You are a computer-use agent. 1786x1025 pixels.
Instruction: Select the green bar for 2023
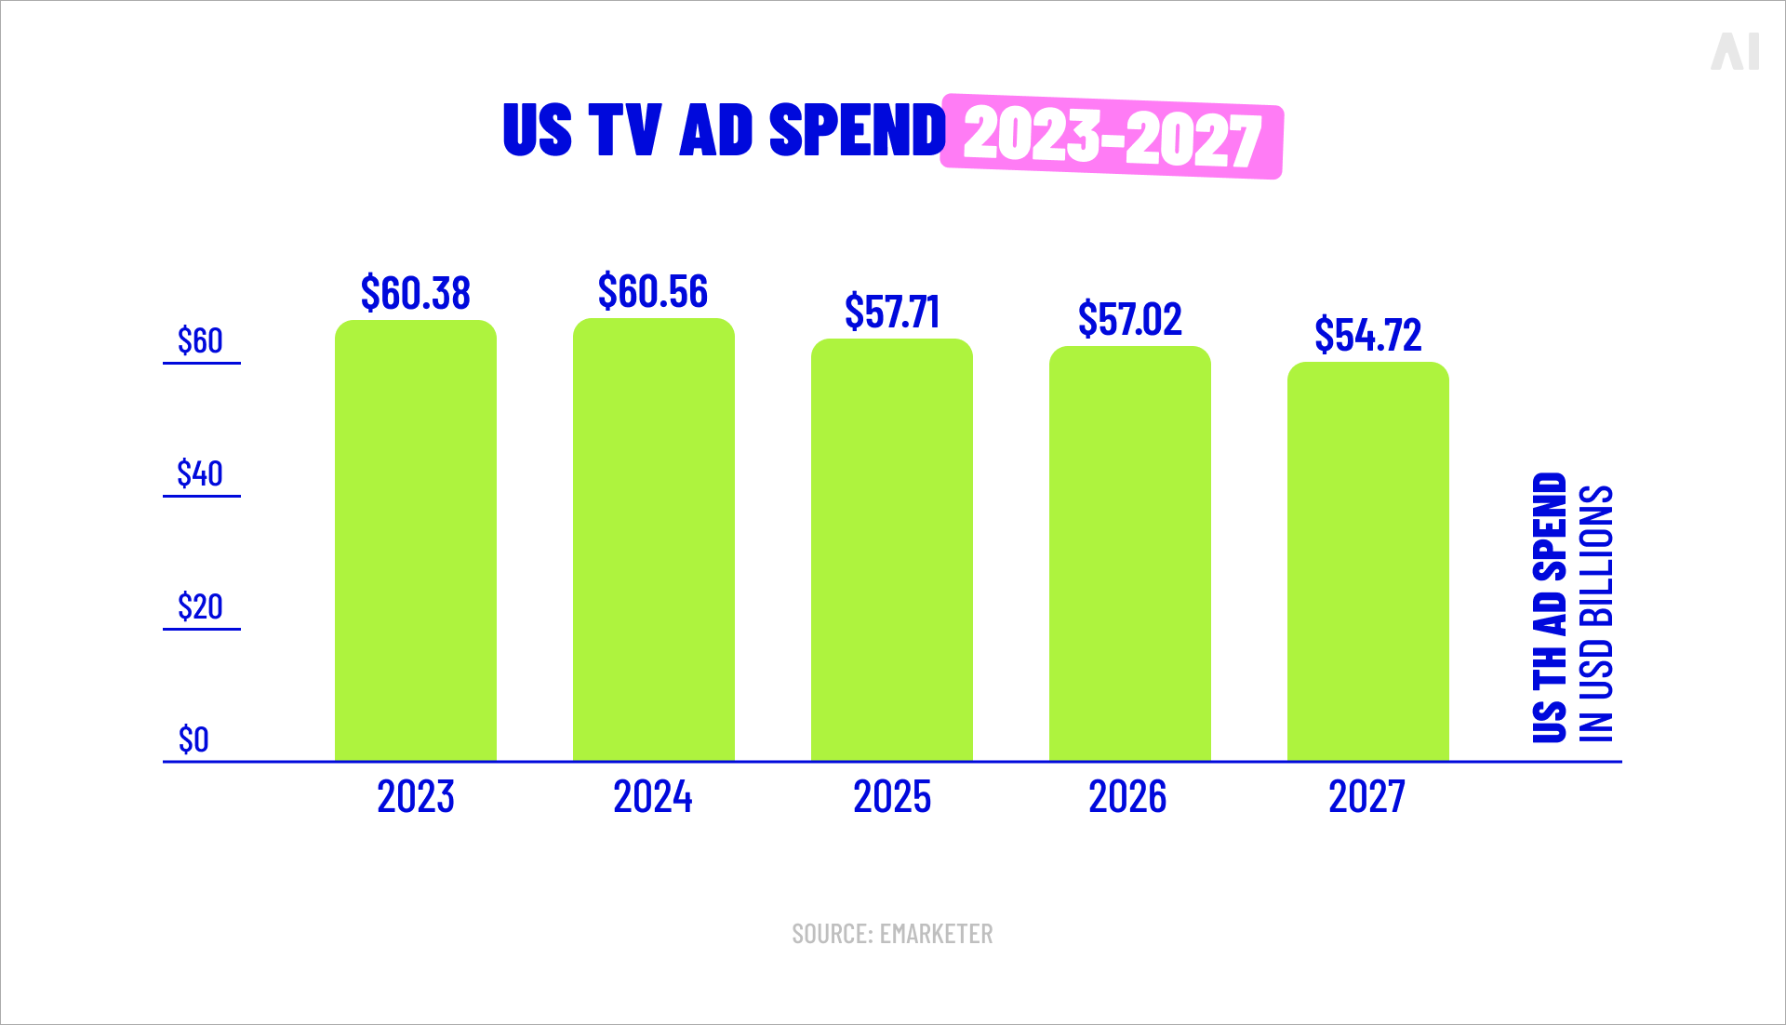tap(415, 539)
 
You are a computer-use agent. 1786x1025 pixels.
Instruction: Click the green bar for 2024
tap(653, 539)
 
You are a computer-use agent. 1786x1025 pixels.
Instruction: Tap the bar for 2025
tap(891, 549)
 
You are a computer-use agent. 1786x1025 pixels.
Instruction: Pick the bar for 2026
tap(1129, 553)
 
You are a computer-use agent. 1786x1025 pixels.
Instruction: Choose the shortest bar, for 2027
tap(1367, 561)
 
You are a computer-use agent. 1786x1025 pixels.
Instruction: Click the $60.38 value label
tap(415, 293)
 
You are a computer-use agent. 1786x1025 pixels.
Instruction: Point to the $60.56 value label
tap(653, 291)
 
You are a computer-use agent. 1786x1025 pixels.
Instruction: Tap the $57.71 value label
tap(891, 312)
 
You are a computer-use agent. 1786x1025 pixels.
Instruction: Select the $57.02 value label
tap(1129, 319)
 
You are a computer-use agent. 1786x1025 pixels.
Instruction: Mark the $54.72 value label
tap(1367, 335)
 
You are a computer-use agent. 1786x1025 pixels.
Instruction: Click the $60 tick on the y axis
tap(200, 341)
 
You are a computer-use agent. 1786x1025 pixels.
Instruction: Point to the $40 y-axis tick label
tap(200, 474)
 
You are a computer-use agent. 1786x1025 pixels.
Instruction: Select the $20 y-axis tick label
tap(200, 607)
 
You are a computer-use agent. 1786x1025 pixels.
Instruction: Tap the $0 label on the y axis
tap(193, 740)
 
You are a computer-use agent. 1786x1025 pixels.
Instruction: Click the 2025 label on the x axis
tap(891, 797)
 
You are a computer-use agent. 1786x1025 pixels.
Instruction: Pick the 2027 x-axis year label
tap(1366, 797)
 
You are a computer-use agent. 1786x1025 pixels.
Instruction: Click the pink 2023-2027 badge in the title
tap(1112, 137)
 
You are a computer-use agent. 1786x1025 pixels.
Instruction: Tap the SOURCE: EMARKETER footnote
tap(892, 934)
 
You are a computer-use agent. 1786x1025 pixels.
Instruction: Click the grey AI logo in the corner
tap(1735, 51)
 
